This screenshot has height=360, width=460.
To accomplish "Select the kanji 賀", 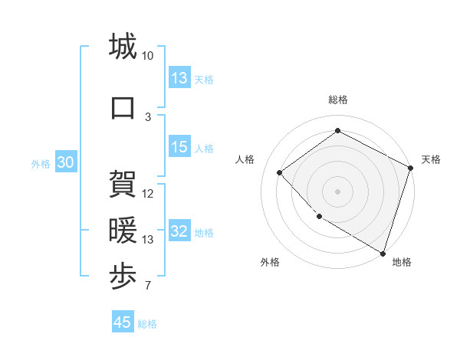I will [x=123, y=183].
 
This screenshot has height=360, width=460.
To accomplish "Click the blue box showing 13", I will [x=179, y=78].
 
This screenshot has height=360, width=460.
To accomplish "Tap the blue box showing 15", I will [x=179, y=148].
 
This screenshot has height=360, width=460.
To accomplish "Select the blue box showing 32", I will [x=179, y=232].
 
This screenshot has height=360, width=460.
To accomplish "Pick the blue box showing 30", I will [x=65, y=163].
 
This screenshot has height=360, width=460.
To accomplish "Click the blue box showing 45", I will [x=123, y=322].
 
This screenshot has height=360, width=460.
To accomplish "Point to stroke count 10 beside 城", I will [x=147, y=56].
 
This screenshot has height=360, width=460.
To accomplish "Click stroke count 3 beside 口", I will [x=148, y=116].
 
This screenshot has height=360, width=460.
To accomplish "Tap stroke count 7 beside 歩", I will [x=148, y=286].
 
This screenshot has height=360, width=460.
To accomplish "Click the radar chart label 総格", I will [x=337, y=100].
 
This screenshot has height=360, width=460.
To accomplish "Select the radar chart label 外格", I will [x=270, y=262].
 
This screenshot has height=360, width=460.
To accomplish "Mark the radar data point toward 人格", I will [x=280, y=172].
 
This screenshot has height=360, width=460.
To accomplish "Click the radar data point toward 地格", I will [x=382, y=252].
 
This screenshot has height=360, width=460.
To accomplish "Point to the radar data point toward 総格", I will [x=337, y=131].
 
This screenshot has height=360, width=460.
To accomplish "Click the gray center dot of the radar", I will [x=337, y=191].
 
